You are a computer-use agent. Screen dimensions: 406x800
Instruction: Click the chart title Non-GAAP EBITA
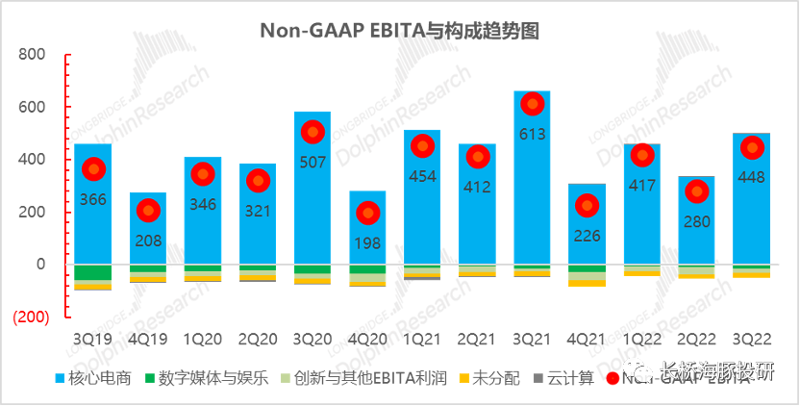click(399, 31)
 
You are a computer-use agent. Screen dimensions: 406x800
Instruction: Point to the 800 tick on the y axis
click(33, 55)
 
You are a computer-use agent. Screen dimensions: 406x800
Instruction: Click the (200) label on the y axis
click(30, 317)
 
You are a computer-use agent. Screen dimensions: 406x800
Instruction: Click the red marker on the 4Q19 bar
click(147, 210)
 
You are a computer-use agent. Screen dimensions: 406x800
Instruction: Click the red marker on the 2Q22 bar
click(696, 191)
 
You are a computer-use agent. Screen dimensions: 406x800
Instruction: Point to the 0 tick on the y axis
click(40, 264)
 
